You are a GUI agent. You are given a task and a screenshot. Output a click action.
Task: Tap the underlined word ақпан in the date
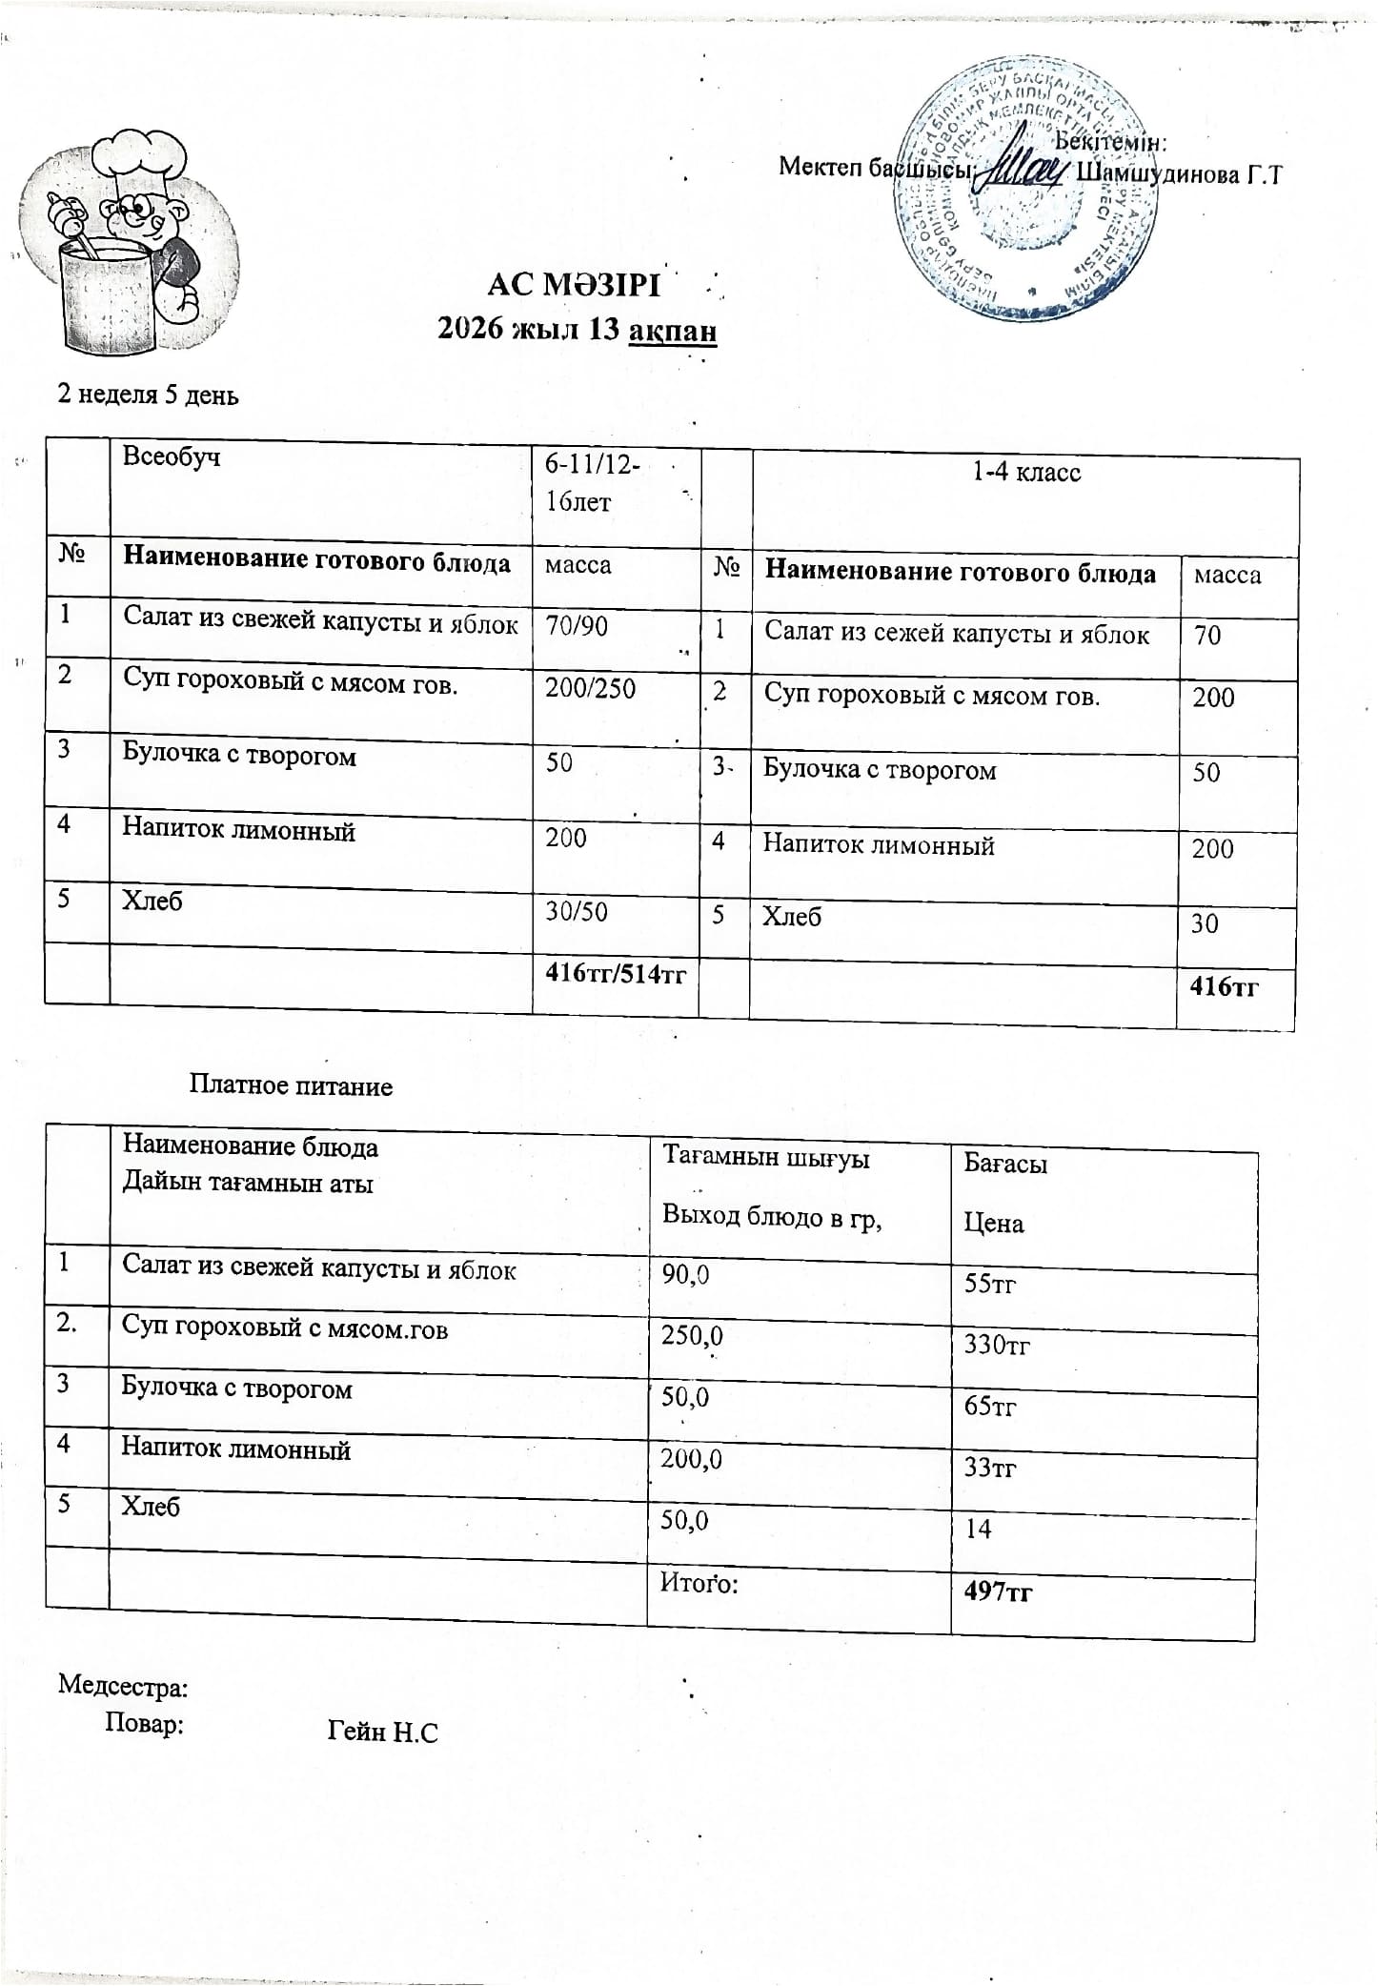click(673, 330)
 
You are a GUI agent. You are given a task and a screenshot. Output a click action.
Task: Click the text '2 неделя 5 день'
click(149, 395)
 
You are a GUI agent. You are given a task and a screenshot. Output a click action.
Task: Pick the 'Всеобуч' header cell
click(172, 456)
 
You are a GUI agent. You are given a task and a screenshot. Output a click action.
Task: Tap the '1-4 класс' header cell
click(1026, 473)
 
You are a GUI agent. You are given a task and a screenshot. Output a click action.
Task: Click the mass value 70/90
click(577, 626)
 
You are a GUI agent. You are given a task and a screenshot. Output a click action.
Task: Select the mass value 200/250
click(590, 687)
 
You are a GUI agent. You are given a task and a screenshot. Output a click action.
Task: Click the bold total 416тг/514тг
click(616, 973)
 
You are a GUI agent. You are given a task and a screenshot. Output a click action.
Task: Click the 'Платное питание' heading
click(291, 1085)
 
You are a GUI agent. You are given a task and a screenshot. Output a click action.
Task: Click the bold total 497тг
click(999, 1591)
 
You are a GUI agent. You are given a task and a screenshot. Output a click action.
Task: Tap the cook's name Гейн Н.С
click(382, 1732)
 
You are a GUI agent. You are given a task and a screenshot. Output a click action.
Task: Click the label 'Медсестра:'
click(123, 1686)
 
